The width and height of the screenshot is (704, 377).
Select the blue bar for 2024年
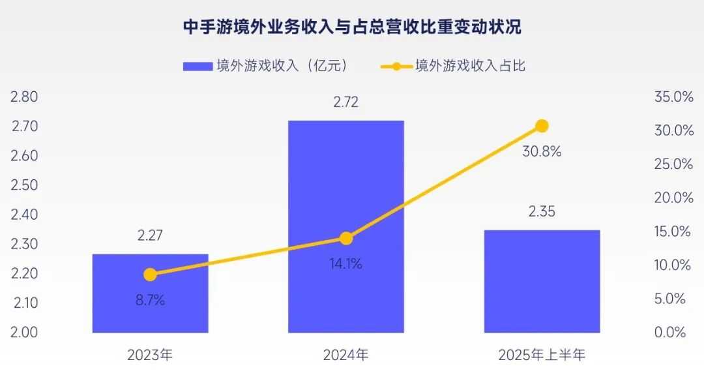(x=345, y=196)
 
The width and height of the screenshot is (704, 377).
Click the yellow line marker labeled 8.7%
(x=150, y=275)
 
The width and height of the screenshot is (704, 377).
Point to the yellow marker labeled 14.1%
(x=345, y=239)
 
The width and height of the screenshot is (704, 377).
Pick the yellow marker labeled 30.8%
(x=542, y=126)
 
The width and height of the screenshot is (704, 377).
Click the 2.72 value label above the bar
(x=345, y=103)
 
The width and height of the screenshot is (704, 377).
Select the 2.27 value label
(x=150, y=237)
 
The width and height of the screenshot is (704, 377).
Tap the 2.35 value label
(x=542, y=212)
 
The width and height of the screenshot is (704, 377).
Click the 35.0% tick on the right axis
(x=673, y=97)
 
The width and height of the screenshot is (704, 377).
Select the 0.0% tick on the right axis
(x=673, y=332)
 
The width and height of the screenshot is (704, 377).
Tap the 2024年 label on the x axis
(x=345, y=355)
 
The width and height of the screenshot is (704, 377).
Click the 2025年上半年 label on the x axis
(x=542, y=355)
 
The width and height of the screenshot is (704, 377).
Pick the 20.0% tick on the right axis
(x=673, y=198)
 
